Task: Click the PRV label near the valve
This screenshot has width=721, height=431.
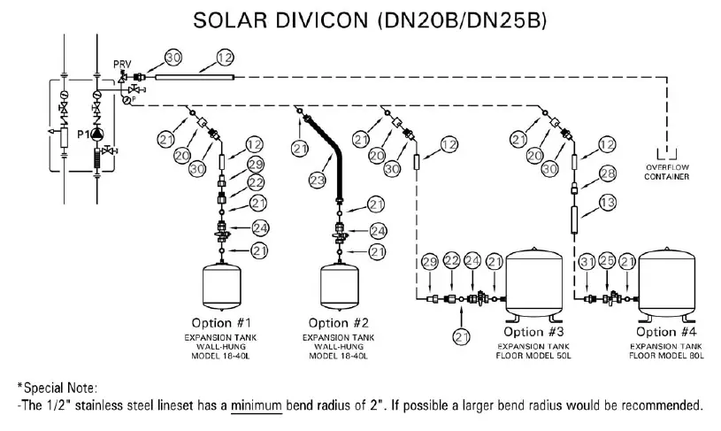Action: click(x=122, y=65)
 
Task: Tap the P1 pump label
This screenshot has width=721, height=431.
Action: click(x=83, y=135)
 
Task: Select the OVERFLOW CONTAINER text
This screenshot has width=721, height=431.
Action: click(x=667, y=172)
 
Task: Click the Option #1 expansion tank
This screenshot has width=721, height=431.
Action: click(x=222, y=285)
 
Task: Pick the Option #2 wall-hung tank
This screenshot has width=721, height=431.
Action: click(x=340, y=285)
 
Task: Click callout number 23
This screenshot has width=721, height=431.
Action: click(x=318, y=180)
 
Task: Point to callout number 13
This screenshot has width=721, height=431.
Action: click(x=608, y=203)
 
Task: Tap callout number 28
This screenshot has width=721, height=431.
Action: click(x=608, y=173)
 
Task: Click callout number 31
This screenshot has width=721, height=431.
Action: click(x=587, y=262)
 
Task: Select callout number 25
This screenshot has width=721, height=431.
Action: click(x=607, y=261)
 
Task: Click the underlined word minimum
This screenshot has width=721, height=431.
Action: click(x=257, y=405)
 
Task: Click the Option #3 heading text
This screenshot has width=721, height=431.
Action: click(x=533, y=332)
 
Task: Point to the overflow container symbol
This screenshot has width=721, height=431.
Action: click(x=667, y=154)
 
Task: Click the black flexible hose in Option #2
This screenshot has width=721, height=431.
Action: click(x=324, y=152)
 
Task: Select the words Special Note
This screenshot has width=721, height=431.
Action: click(x=60, y=389)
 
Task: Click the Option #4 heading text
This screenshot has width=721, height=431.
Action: click(x=666, y=332)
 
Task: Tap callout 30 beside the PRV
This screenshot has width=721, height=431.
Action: click(x=173, y=58)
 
